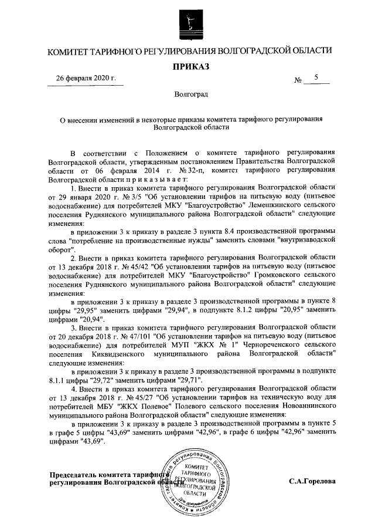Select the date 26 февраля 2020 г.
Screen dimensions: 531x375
(x=86, y=79)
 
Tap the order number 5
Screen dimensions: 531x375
(x=316, y=77)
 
